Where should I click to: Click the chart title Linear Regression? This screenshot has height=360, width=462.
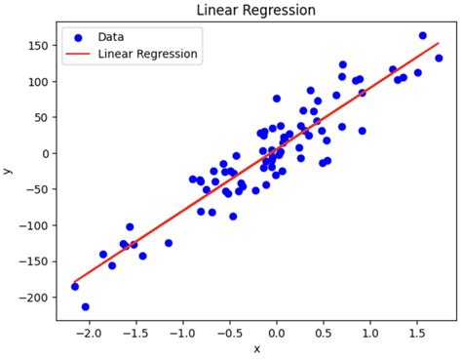click(x=256, y=10)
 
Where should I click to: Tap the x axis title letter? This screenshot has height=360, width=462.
click(x=257, y=348)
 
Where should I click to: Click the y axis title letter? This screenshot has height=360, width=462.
click(x=8, y=171)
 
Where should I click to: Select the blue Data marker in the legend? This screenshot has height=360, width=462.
click(x=77, y=37)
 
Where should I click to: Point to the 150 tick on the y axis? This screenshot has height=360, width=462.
click(x=40, y=46)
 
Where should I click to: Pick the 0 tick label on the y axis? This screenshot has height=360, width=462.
click(x=46, y=153)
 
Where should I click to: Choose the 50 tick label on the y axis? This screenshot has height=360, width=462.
click(x=43, y=117)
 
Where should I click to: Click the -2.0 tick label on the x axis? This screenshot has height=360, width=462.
click(x=87, y=331)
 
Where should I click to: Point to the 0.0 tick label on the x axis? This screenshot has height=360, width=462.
click(x=276, y=331)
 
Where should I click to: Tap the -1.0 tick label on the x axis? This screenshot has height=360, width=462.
click(x=181, y=331)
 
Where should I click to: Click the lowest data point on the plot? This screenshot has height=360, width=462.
click(x=85, y=306)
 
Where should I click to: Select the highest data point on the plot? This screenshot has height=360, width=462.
click(x=422, y=36)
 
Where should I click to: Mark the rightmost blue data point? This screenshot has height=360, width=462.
click(x=439, y=59)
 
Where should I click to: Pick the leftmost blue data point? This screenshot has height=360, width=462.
click(x=75, y=286)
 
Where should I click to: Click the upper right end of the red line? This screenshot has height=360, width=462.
click(x=439, y=43)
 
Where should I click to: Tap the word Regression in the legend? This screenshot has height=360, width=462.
click(x=167, y=55)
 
